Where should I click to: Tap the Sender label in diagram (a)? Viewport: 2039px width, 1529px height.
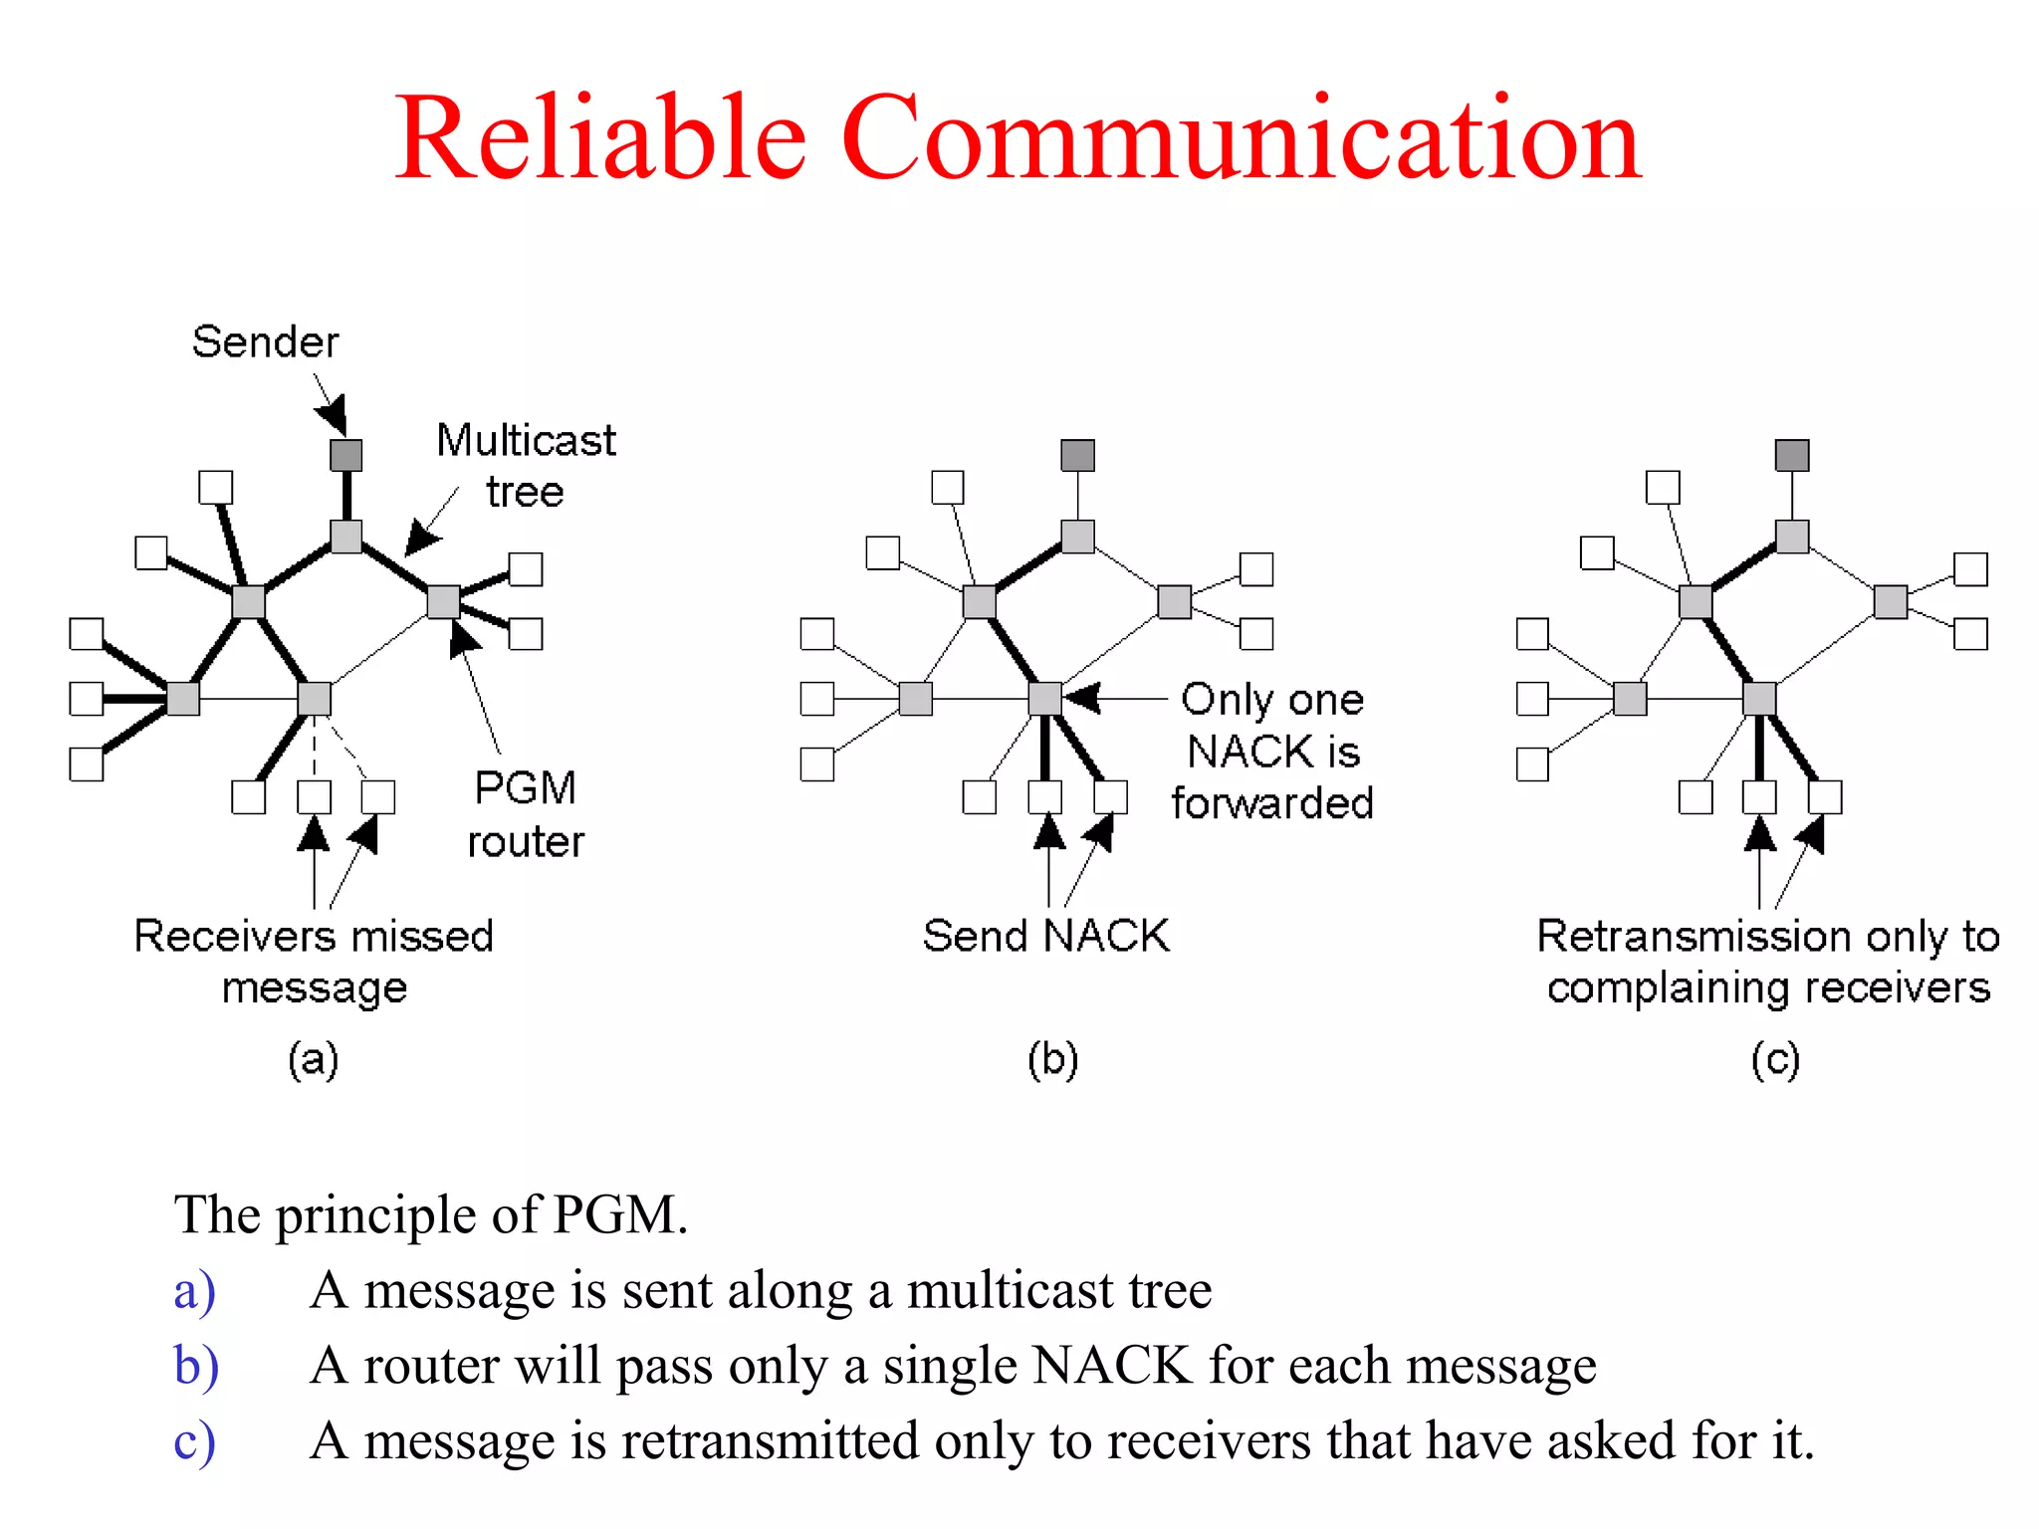265,341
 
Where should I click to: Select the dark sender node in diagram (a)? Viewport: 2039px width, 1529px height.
345,455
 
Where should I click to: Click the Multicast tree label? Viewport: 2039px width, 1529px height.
526,465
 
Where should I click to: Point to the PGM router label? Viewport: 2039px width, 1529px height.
526,814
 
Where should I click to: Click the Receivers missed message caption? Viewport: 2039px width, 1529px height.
314,961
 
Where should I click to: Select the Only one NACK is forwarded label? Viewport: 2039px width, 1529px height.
1272,751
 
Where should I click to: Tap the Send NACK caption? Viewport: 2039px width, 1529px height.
1045,936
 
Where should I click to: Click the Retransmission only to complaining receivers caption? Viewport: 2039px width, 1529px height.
1768,961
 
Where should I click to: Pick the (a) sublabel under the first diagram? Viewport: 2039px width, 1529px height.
313,1058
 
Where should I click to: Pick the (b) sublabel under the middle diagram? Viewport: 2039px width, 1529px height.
1052,1058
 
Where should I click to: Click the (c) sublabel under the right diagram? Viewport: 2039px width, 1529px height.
1775,1058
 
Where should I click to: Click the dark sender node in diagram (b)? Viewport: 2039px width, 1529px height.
1077,455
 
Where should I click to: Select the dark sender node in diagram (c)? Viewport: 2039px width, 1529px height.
1792,455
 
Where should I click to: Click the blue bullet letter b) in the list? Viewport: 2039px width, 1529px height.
195,1365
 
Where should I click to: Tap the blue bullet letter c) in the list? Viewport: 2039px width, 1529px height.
193,1440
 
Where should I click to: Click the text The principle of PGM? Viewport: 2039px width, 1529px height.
430,1214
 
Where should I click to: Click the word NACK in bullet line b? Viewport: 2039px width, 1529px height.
1111,1365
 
